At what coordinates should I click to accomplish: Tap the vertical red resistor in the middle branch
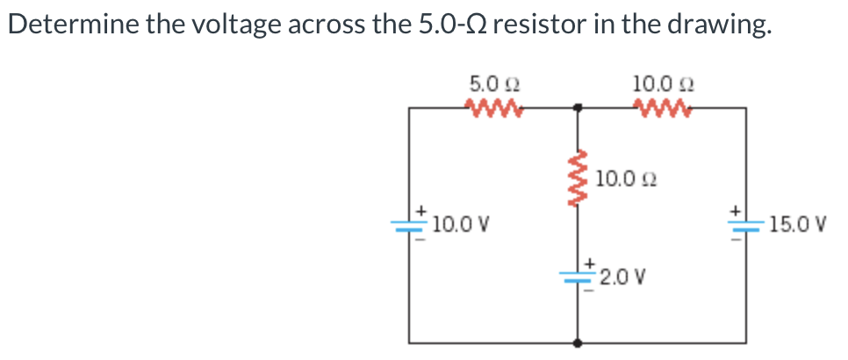pyautogui.click(x=577, y=179)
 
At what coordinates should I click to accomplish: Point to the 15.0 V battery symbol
pyautogui.click(x=746, y=225)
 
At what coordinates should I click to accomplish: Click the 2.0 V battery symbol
pyautogui.click(x=578, y=276)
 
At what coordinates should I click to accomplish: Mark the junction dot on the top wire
pyautogui.click(x=577, y=108)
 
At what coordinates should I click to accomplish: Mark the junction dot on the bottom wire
pyautogui.click(x=577, y=344)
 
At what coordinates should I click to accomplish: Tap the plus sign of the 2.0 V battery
pyautogui.click(x=592, y=263)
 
